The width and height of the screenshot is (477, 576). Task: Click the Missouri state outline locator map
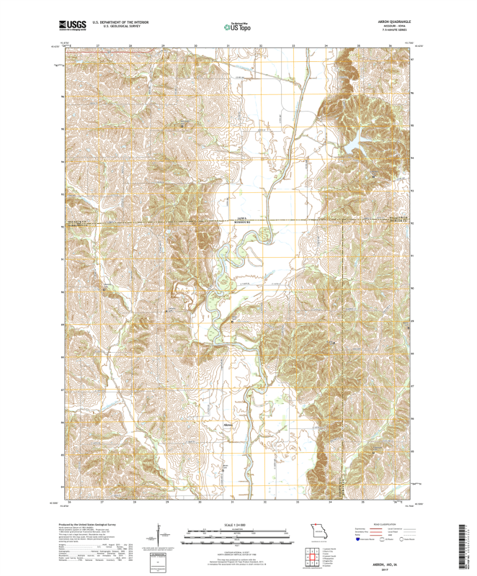318,534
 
